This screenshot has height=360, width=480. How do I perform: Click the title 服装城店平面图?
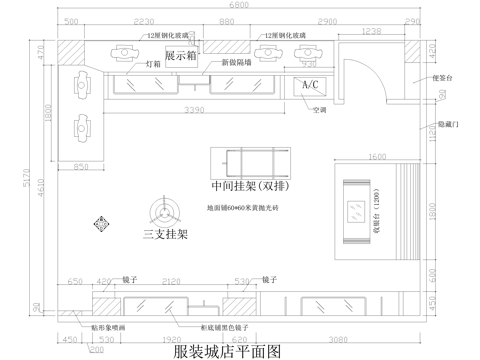pos(229,351)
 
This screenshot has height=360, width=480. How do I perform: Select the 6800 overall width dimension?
pos(239,6)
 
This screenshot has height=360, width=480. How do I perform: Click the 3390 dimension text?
pos(195,108)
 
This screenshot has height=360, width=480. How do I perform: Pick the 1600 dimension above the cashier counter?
pos(377,157)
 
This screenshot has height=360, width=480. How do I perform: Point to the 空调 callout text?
pos(319,109)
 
